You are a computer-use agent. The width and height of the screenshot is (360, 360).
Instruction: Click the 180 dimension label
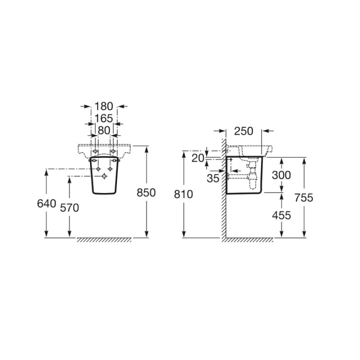(104, 106)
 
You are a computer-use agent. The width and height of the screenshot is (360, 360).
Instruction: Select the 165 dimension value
(104, 118)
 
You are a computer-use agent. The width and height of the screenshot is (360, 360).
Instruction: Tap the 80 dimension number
(104, 130)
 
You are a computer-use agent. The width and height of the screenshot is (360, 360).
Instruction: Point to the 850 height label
(146, 192)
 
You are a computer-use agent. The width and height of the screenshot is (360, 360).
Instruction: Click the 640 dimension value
(46, 203)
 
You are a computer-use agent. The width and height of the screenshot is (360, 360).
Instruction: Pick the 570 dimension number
(69, 208)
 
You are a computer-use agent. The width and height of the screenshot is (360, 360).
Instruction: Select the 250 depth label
(243, 131)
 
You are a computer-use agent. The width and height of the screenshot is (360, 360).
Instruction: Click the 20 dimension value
(198, 158)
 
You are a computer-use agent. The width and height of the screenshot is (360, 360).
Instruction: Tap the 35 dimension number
(213, 178)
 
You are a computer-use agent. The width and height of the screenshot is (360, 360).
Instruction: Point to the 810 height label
(183, 194)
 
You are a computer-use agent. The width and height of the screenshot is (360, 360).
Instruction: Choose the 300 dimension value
(281, 175)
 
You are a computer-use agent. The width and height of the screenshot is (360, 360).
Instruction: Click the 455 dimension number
(281, 215)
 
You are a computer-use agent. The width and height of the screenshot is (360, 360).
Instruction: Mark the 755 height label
(304, 197)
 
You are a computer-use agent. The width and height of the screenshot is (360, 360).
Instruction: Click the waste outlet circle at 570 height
(104, 176)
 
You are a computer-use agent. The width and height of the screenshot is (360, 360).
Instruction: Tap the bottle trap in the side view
(253, 176)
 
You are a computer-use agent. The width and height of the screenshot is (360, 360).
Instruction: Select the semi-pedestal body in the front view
(104, 175)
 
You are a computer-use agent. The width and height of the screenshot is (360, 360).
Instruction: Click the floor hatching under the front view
(104, 240)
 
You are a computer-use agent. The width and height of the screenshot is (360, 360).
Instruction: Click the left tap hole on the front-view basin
(95, 151)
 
